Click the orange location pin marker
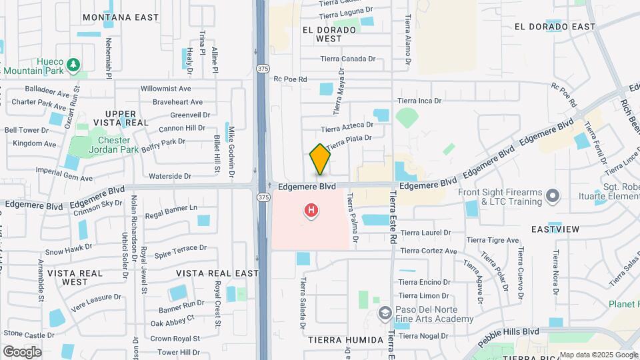320,159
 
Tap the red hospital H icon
311,211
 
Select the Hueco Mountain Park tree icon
75,65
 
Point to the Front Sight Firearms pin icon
552,195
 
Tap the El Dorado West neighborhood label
321,34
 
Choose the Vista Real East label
217,273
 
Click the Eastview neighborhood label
555,229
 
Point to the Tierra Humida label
345,340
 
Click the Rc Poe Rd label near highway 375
290,79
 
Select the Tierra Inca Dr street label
419,101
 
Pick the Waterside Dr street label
170,177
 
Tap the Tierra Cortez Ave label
429,251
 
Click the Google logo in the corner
22,351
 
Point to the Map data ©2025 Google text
598,355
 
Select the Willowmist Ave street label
166,89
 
